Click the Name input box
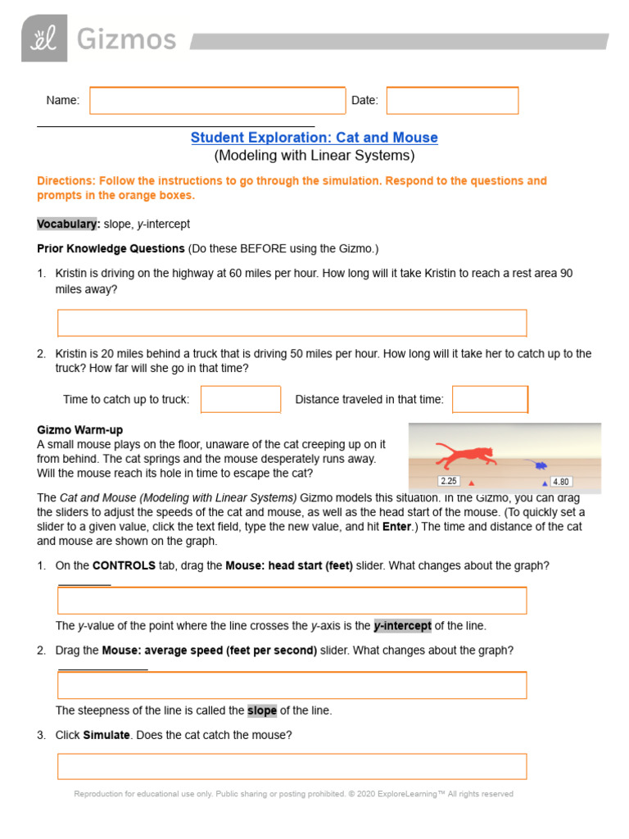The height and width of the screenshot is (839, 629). coord(217,100)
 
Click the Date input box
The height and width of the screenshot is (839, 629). coord(452,100)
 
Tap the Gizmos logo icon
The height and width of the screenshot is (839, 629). coord(44,38)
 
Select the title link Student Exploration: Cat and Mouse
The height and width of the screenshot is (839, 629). coord(314,138)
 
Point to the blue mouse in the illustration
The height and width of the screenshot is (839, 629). coord(541,465)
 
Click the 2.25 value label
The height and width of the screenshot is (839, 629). coord(448,481)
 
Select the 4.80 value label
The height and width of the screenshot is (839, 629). coord(561,482)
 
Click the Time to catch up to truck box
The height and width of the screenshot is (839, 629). coord(241,399)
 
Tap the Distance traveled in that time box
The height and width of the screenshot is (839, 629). coord(490,399)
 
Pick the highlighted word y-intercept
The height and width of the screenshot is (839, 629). coord(402,626)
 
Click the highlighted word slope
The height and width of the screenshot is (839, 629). coord(262,710)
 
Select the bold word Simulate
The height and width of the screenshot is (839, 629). coord(106,735)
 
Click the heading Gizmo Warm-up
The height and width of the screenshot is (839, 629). coord(80,430)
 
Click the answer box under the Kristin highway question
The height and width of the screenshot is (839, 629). coord(292,323)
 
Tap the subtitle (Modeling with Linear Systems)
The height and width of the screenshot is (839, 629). coord(314,155)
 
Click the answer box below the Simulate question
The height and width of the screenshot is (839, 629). coord(292,766)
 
